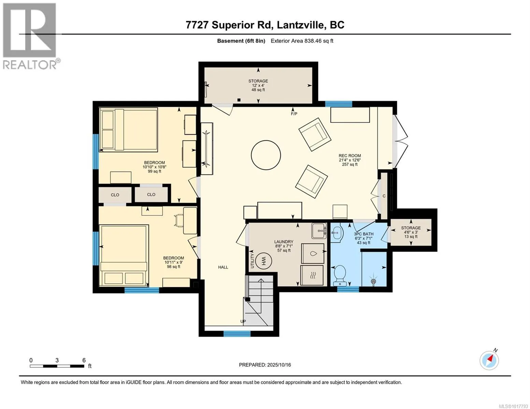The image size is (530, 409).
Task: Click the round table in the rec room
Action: coord(266,155)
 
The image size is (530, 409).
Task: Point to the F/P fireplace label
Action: coord(294,114)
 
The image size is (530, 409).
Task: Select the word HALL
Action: coord(223,267)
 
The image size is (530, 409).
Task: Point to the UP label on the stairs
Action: coord(243,321)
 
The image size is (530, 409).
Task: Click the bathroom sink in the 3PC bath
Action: coord(337,233)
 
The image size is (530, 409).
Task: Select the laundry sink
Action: coord(319,231)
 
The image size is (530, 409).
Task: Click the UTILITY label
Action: coord(252,261)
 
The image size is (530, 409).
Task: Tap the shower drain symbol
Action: coord(373,281)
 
